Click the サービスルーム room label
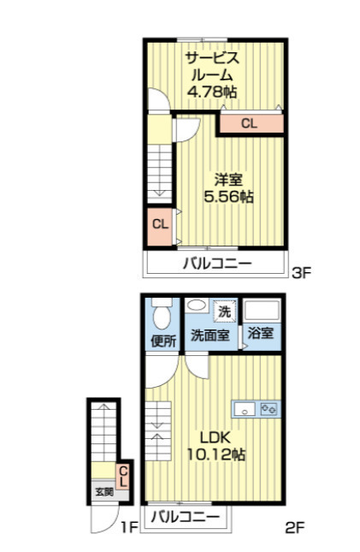point(212,66)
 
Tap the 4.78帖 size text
point(212,92)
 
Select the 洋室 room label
point(228,180)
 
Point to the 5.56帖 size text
point(228,197)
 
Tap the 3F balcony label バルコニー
point(217,264)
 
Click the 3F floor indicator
point(302,273)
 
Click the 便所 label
point(163,341)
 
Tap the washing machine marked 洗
point(225,311)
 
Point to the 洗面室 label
point(210,335)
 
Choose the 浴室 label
point(261,333)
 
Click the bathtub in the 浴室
point(262,311)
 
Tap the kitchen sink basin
point(245,409)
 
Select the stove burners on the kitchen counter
point(269,409)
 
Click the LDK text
point(215,437)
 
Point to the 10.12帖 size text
point(216,454)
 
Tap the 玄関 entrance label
point(104,492)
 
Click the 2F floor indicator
point(294,527)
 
